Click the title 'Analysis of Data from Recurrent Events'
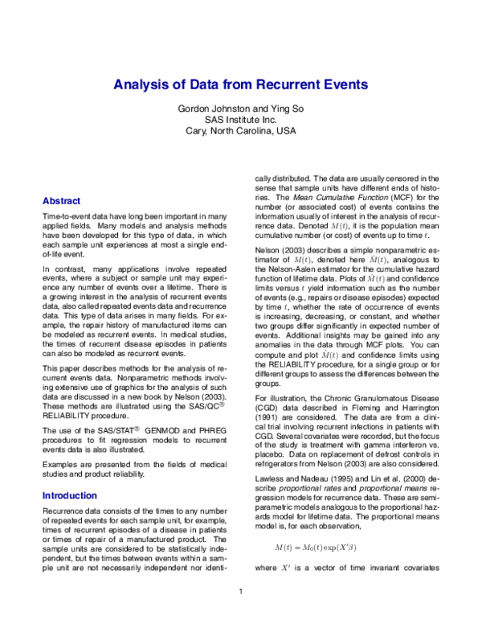pos(240,83)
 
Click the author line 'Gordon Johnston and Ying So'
pos(240,108)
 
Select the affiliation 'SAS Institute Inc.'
pos(240,120)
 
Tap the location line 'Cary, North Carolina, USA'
pos(240,132)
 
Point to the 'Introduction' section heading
pos(69,496)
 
